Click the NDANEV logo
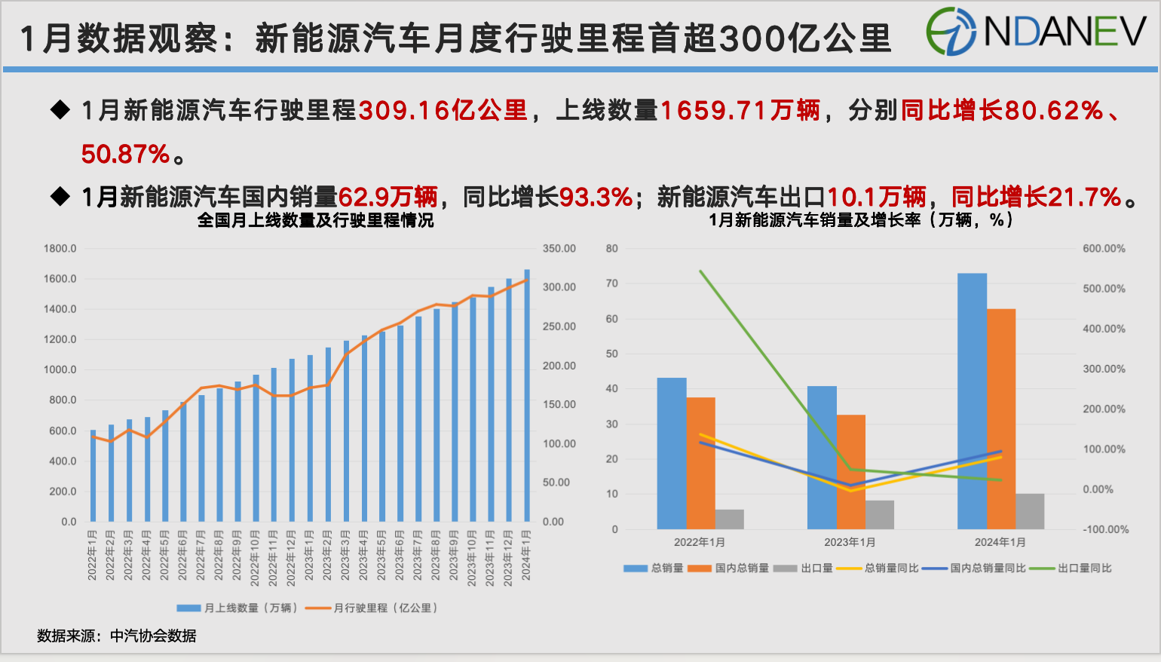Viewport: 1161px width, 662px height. coord(1036,32)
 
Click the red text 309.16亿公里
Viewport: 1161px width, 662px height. coord(443,111)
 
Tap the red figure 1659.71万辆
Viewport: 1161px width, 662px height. coord(740,111)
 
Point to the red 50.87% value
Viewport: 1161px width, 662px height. coord(125,155)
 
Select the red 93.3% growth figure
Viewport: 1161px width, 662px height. coord(596,198)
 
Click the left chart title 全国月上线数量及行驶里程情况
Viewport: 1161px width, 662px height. coord(315,220)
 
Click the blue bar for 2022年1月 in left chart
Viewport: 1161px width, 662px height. coord(93,476)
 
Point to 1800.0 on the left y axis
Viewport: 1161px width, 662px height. coord(60,248)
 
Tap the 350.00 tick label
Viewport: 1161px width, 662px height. coord(559,248)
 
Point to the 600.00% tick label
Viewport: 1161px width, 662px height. coord(1104,248)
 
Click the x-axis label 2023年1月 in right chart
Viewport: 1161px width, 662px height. coord(850,542)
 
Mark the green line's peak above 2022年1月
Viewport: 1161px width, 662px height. coord(700,271)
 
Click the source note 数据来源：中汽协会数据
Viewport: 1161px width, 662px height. coord(117,636)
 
